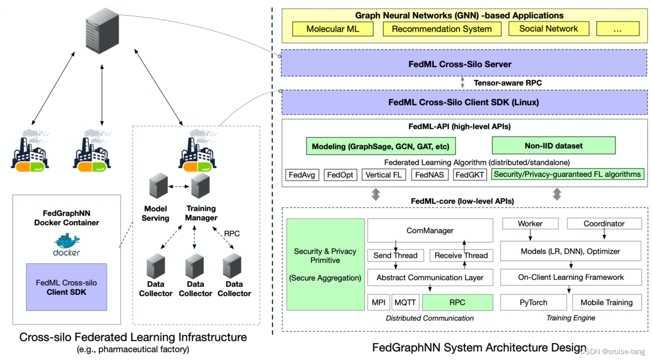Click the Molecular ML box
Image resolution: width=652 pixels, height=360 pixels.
(332, 29)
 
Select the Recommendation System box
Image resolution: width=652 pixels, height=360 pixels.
(441, 29)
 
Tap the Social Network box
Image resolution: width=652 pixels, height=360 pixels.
(548, 29)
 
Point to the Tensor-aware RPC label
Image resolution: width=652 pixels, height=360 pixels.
(508, 83)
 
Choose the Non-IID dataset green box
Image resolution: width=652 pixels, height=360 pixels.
(553, 146)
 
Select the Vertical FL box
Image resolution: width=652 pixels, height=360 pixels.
(384, 174)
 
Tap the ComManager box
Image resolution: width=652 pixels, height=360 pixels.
(430, 230)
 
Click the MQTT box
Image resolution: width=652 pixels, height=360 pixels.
(406, 302)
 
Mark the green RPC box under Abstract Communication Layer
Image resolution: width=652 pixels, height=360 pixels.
(457, 302)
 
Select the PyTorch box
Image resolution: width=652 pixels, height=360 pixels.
(533, 302)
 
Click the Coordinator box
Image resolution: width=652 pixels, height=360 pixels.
(604, 224)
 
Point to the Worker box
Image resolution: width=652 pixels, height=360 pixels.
(530, 224)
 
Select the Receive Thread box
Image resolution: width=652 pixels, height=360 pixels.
(461, 255)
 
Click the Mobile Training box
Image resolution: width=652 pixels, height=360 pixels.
(606, 302)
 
